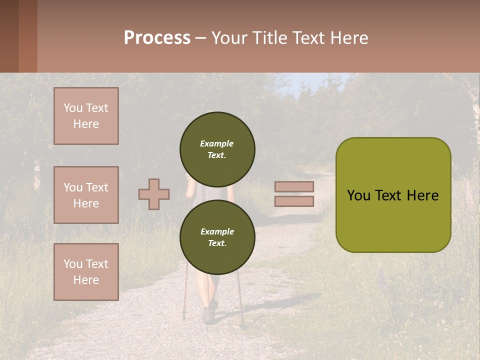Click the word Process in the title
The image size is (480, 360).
[157, 38]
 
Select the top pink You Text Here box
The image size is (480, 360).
[86, 116]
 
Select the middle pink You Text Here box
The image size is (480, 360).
[86, 195]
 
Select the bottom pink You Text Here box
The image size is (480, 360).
[86, 272]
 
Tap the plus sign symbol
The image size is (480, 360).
[154, 194]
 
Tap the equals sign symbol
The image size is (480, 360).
[294, 194]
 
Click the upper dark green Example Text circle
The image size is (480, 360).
[217, 149]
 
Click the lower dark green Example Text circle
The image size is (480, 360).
[217, 237]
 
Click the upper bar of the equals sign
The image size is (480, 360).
[294, 187]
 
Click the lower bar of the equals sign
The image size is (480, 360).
[294, 201]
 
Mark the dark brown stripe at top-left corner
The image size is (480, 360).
[9, 36]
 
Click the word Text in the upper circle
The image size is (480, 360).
[216, 155]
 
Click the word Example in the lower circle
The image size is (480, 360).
[217, 231]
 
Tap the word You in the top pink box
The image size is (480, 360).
[73, 108]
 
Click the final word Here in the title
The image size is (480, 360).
[351, 38]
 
